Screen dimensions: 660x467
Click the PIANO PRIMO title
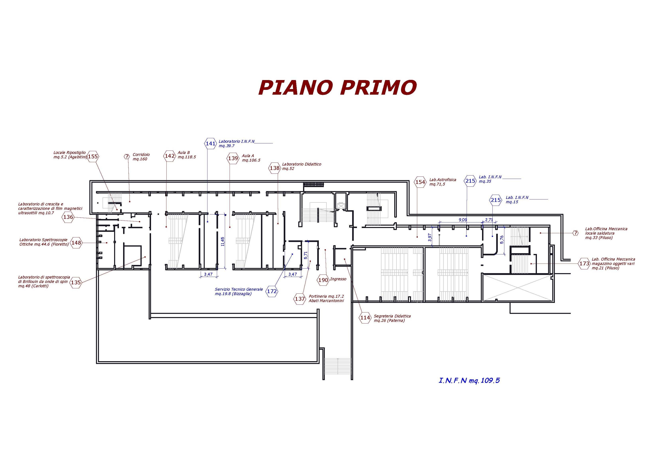click(x=337, y=87)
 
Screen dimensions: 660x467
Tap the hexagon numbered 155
click(x=93, y=157)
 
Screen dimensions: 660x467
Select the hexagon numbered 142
click(x=170, y=156)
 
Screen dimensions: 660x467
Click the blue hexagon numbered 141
click(x=210, y=143)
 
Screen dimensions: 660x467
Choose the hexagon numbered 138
click(x=275, y=168)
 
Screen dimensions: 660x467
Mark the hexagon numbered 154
click(x=420, y=182)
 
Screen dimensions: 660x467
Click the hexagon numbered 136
click(x=68, y=217)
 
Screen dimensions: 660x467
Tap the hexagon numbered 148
click(x=76, y=243)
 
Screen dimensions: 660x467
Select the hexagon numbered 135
click(x=76, y=283)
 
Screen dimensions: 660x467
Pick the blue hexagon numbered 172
click(x=272, y=291)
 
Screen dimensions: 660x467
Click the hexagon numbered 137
click(x=299, y=299)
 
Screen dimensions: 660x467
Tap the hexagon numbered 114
click(x=365, y=318)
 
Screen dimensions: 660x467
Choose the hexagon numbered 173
click(x=584, y=264)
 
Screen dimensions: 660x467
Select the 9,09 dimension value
click(x=463, y=220)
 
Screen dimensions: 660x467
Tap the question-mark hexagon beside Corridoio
click(x=127, y=157)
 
